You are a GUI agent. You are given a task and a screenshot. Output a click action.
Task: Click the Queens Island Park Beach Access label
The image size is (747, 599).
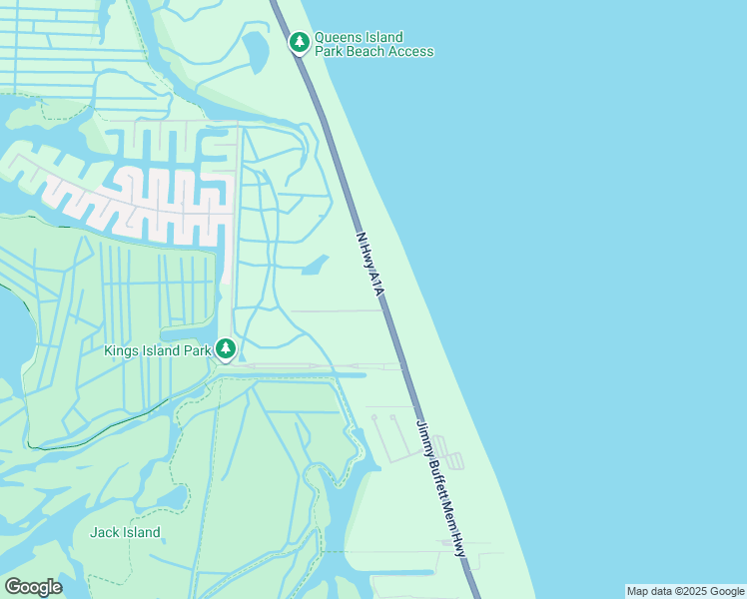(x=373, y=44)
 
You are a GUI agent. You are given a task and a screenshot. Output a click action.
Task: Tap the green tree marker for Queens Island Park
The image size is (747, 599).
(x=299, y=42)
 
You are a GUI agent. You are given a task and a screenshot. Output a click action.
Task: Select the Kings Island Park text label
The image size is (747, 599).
(x=158, y=350)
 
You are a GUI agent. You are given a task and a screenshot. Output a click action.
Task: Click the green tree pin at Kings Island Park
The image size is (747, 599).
(x=227, y=348)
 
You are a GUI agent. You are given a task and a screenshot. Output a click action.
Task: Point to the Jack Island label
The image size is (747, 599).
(x=125, y=532)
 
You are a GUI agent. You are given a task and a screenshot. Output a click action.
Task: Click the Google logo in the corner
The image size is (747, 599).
(x=33, y=587)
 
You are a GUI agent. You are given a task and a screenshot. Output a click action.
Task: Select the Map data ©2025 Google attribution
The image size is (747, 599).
(x=685, y=591)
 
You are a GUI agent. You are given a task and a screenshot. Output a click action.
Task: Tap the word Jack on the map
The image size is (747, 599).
(x=105, y=532)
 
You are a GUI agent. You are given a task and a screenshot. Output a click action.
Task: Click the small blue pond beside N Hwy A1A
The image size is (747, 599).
(x=315, y=266)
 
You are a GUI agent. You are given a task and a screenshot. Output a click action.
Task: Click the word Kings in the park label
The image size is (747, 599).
(x=124, y=350)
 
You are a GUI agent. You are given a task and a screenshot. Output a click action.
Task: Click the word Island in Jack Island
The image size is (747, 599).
(x=142, y=532)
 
